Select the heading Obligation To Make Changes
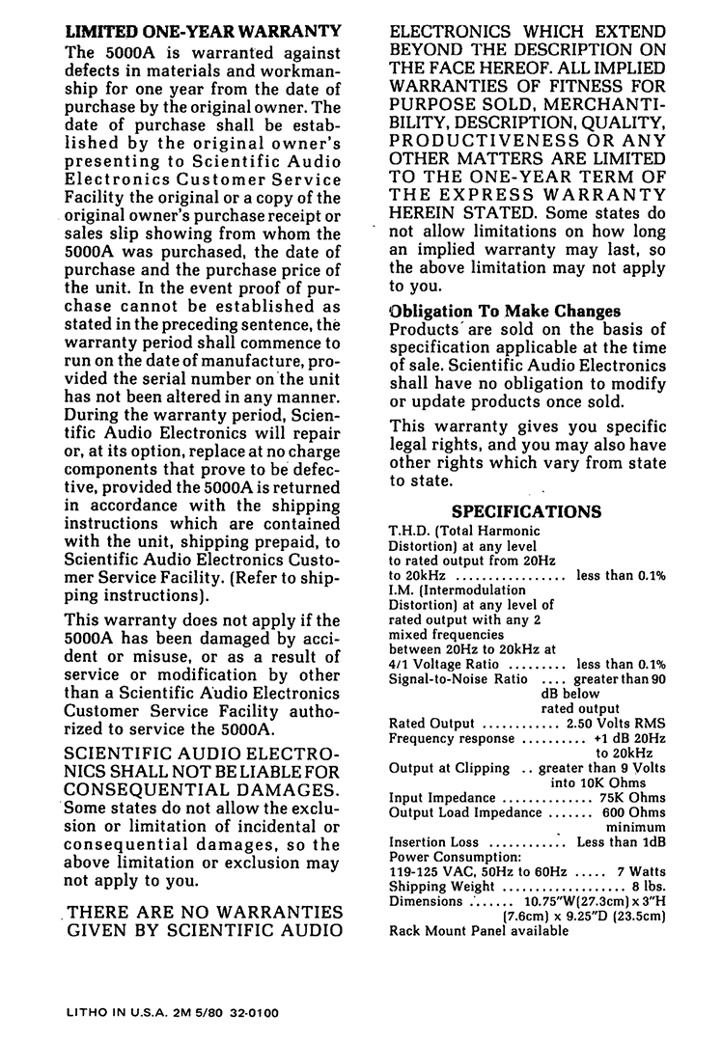pos(504,312)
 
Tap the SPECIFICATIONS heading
pos(526,510)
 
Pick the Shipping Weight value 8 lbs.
pos(649,887)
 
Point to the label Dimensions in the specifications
pos(426,901)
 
